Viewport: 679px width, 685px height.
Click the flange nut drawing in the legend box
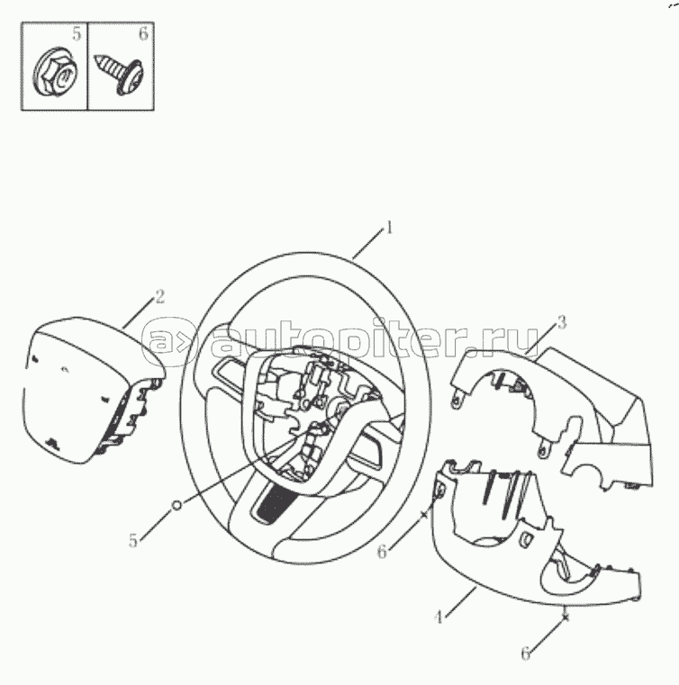tap(56, 71)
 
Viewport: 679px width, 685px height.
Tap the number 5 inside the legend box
tap(77, 33)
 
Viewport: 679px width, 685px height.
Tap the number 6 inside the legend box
tap(143, 33)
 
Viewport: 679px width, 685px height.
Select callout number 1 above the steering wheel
tap(388, 228)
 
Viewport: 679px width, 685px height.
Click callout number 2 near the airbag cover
tap(160, 297)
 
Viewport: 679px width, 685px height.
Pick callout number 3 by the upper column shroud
tap(562, 322)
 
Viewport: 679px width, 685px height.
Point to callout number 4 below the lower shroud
tap(439, 617)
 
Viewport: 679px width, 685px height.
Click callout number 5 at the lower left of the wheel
tap(133, 541)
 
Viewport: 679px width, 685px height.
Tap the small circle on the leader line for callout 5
tap(177, 505)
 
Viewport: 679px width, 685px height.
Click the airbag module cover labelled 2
tap(93, 390)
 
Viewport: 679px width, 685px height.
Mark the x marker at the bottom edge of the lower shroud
tap(566, 617)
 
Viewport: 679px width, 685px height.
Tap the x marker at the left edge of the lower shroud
tap(423, 515)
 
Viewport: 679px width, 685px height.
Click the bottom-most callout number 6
tap(526, 654)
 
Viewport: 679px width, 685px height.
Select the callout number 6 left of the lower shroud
tap(382, 552)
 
